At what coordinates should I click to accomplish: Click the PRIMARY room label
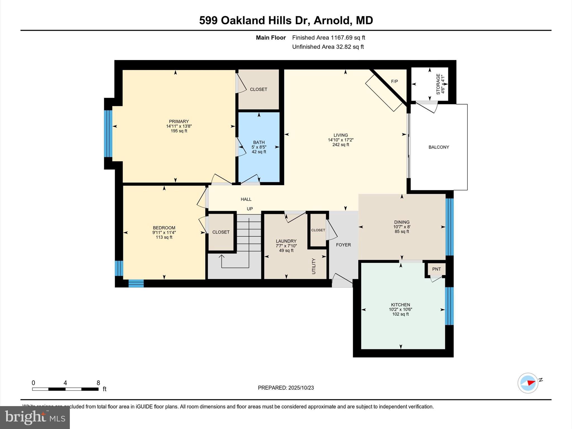tap(179, 121)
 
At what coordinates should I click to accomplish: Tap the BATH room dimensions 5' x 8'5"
tap(259, 147)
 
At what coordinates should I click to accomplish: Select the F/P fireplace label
tap(394, 82)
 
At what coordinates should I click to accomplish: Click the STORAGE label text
tap(438, 84)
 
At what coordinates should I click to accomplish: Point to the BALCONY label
tap(439, 147)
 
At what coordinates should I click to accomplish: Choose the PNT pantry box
tap(436, 269)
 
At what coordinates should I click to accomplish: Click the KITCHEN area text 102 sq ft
tap(401, 314)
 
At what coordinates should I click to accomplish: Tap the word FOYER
tap(343, 245)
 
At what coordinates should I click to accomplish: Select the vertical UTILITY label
tap(314, 266)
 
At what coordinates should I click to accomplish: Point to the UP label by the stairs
tap(250, 209)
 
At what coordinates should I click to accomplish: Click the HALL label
tap(246, 199)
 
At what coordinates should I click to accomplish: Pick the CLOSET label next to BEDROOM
tap(221, 232)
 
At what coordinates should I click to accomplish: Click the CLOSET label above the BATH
tap(258, 89)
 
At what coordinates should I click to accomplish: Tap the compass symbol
tap(528, 383)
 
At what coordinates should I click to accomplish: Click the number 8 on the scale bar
tap(98, 383)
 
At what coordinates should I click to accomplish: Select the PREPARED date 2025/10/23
tap(301, 388)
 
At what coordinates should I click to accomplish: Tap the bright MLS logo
tap(35, 417)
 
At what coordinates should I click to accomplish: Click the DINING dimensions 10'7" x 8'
tap(402, 227)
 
